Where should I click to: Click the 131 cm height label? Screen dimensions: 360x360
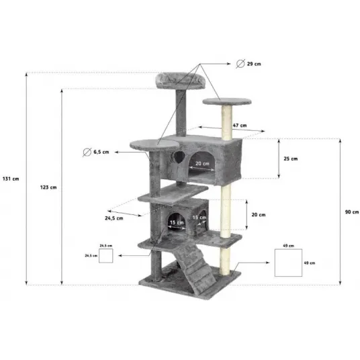11,179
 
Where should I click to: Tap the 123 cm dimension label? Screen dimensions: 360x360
48,187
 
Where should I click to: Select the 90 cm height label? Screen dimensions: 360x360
352,212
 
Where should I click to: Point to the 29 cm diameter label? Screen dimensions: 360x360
254,64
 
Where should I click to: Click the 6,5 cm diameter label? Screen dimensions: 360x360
101,152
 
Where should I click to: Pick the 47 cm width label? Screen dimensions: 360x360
240,126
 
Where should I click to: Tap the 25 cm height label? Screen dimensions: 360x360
291,159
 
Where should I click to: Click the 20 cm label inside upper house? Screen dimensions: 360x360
202,163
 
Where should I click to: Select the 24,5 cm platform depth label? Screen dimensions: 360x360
114,218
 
